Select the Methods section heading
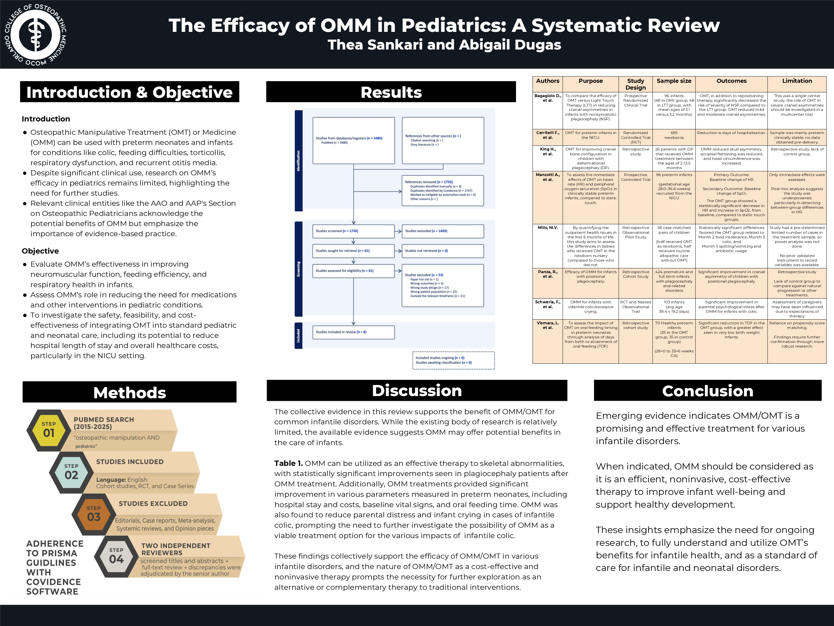click(129, 392)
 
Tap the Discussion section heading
click(417, 391)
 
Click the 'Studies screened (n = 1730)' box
click(353, 231)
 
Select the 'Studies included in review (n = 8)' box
click(353, 332)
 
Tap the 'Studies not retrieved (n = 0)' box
click(443, 250)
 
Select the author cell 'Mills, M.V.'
click(548, 228)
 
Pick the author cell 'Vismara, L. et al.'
click(548, 325)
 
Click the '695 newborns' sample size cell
click(674, 135)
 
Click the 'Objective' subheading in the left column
click(40, 251)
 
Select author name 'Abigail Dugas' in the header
click(510, 45)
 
